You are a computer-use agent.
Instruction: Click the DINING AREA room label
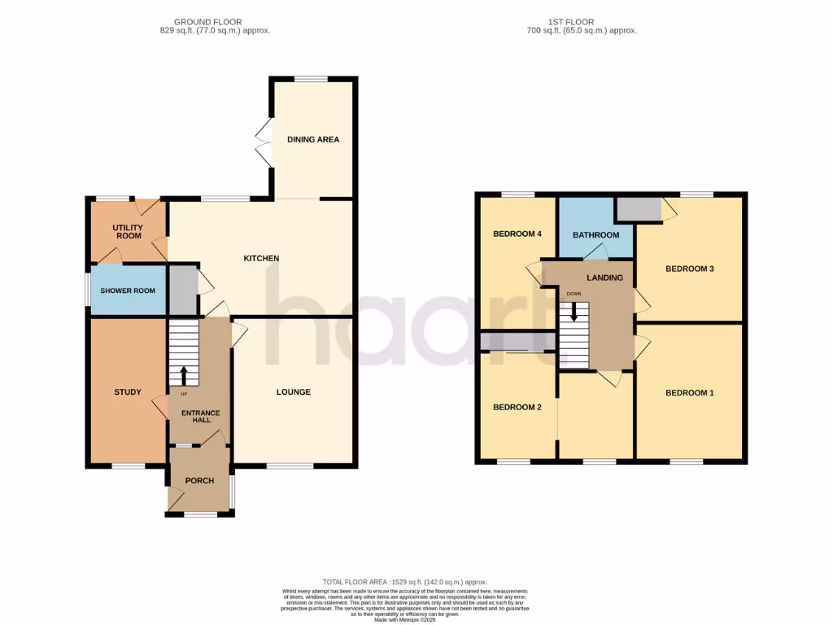coord(312,139)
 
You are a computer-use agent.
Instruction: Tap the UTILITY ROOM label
coord(127,231)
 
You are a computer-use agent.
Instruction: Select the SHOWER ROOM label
coord(127,291)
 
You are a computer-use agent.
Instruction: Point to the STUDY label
coord(127,392)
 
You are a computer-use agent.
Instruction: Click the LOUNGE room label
coord(293,392)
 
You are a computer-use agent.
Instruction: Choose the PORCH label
coord(199,480)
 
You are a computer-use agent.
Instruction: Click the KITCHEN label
coord(261,258)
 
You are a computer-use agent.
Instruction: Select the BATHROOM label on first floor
coord(595,235)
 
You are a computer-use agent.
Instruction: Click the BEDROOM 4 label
coord(517,234)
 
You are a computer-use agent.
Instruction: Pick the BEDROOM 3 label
coord(689,269)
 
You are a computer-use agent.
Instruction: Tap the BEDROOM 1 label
coord(689,393)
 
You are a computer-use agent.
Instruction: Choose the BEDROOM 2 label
coord(517,407)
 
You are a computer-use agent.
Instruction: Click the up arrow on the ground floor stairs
coord(183,375)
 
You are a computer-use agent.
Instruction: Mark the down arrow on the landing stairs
coord(574,312)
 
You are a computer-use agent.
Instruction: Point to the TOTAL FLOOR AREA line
coord(404,582)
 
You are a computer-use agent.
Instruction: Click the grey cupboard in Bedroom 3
coord(639,209)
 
